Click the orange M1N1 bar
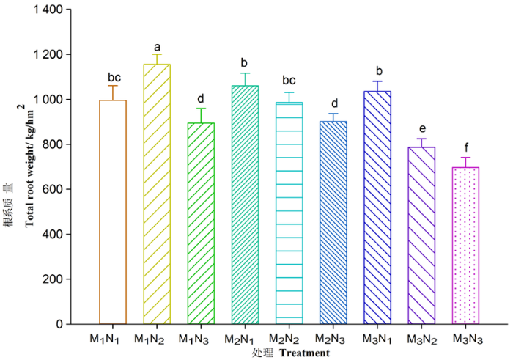(x=113, y=213)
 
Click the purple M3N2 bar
(x=422, y=235)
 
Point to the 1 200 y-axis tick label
(x=47, y=55)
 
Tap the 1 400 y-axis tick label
(x=47, y=10)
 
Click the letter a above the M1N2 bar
(x=157, y=46)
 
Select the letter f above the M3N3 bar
(x=466, y=147)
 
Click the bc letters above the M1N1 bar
(x=113, y=77)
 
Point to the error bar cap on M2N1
(x=245, y=73)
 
